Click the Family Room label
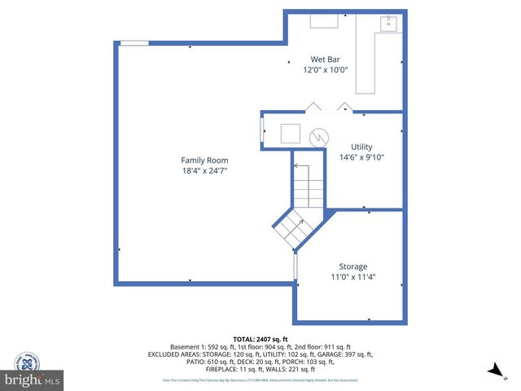204,160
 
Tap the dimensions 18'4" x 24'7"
204,171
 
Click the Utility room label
361,147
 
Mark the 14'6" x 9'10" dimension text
361,157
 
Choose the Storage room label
352,266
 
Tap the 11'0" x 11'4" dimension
352,277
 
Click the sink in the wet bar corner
389,23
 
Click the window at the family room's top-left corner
134,42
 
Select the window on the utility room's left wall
261,130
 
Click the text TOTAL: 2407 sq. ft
260,339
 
